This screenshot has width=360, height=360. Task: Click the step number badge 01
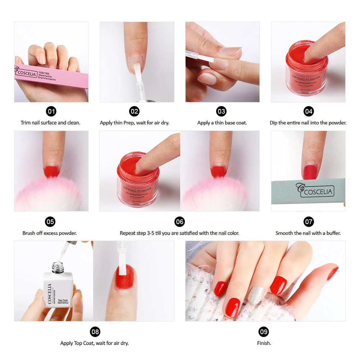click(x=51, y=111)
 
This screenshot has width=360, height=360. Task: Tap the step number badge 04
click(x=309, y=111)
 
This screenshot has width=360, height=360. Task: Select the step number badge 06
click(x=179, y=222)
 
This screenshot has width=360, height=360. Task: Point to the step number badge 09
click(x=264, y=332)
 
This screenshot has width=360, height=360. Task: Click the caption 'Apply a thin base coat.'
click(x=222, y=123)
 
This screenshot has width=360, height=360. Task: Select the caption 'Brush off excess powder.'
click(x=50, y=233)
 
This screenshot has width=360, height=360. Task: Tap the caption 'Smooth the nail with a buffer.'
click(x=308, y=233)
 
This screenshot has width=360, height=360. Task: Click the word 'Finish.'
click(x=264, y=343)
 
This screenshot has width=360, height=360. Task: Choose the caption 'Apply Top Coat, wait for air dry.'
click(x=94, y=343)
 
